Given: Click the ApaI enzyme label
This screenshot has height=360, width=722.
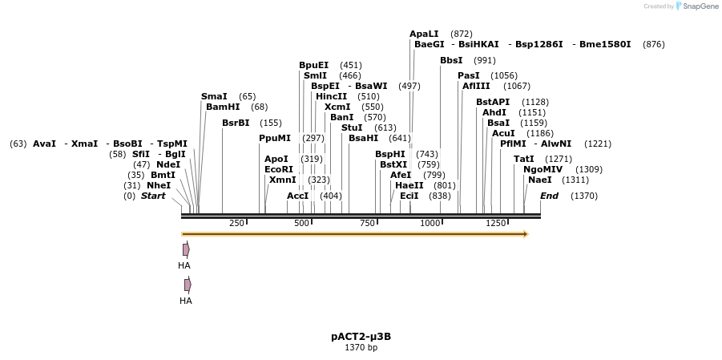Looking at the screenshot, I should click(424, 34).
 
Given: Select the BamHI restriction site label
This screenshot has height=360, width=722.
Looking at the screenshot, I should click(223, 107).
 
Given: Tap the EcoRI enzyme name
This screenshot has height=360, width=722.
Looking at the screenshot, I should click(279, 169).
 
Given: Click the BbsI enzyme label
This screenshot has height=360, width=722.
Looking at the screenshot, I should click(451, 60).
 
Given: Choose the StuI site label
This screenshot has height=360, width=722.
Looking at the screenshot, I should click(352, 127).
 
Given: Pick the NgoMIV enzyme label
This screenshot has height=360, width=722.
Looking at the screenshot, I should click(543, 169).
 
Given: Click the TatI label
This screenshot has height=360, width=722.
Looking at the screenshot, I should click(523, 159).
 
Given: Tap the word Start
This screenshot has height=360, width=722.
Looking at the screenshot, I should click(153, 196).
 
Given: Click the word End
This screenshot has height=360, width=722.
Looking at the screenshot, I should click(549, 196).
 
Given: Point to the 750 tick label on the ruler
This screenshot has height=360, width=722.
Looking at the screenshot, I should click(367, 223).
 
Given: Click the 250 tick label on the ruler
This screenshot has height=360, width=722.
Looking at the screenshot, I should click(236, 223).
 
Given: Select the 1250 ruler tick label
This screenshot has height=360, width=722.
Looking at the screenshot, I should click(496, 223).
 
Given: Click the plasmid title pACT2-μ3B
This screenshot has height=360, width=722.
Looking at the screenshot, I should click(361, 337).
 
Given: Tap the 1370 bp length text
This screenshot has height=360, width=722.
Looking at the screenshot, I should click(361, 348).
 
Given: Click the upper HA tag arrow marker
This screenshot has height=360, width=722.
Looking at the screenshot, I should click(186, 249).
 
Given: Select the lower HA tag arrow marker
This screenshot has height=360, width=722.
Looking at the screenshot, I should click(188, 285).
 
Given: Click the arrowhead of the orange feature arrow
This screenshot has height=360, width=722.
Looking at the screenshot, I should click(526, 234).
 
